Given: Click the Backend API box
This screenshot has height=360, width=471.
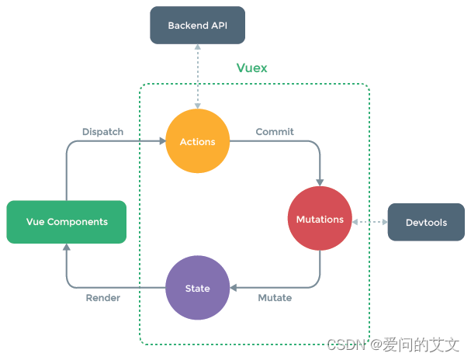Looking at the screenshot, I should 197,26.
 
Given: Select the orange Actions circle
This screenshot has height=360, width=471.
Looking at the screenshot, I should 197,142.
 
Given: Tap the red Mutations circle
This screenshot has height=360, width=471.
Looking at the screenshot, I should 320,220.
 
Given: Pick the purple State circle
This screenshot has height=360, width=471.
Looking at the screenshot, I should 197,289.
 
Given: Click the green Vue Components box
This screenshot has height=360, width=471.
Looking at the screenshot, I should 66,222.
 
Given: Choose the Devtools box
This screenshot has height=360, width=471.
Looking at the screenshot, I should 426,223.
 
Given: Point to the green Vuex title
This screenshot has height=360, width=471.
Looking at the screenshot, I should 251,68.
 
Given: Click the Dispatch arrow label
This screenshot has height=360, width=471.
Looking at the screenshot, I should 102,132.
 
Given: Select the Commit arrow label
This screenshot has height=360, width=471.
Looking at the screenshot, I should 275,132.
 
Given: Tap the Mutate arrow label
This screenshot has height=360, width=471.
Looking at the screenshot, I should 275,298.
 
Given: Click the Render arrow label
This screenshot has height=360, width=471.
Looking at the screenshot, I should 102,298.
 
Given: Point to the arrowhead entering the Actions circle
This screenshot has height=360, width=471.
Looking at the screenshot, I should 162,142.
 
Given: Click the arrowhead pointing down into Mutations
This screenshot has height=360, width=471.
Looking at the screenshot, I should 320,182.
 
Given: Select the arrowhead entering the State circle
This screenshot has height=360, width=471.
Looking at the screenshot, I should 233,289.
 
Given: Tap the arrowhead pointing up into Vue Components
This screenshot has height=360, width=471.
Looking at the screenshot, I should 66,247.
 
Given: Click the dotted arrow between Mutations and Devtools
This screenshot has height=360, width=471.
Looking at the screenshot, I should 370,223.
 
